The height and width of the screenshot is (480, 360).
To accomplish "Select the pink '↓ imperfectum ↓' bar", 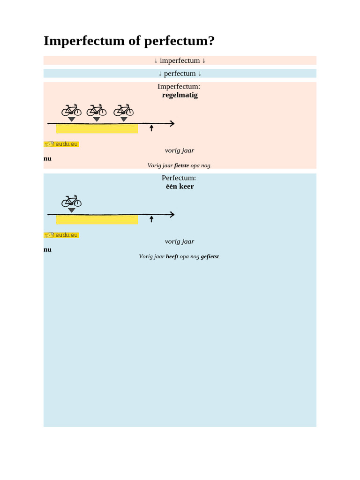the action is (x=180, y=60).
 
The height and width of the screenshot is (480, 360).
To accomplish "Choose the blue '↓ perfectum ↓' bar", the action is (x=180, y=74).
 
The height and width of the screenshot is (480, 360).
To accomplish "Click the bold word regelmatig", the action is (x=180, y=95).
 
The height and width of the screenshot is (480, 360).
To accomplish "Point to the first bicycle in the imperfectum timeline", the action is (x=71, y=110).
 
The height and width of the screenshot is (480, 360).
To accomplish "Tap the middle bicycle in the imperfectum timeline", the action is (x=97, y=110).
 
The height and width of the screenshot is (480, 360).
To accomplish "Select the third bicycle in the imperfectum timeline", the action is (x=123, y=110).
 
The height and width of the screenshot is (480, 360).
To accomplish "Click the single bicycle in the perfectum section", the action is (x=71, y=201).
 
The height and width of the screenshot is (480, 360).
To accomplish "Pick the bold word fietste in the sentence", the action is (x=181, y=165).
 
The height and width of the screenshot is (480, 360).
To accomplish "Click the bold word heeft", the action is (x=172, y=256).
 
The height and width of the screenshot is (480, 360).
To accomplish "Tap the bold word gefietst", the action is (x=210, y=256).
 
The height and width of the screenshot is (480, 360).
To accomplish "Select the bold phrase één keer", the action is (x=180, y=187).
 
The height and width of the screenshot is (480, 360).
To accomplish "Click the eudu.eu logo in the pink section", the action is (x=61, y=144).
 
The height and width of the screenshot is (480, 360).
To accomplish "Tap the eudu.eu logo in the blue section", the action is (x=61, y=235).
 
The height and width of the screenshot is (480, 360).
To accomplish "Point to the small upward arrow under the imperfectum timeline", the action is (x=151, y=128).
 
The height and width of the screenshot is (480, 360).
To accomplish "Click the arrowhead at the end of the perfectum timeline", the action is (x=172, y=214).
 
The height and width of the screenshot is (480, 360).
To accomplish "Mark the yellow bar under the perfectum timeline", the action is (x=97, y=220).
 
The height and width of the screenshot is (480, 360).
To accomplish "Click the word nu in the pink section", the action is (x=47, y=159).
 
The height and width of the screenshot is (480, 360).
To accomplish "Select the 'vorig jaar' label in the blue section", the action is (x=180, y=241).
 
